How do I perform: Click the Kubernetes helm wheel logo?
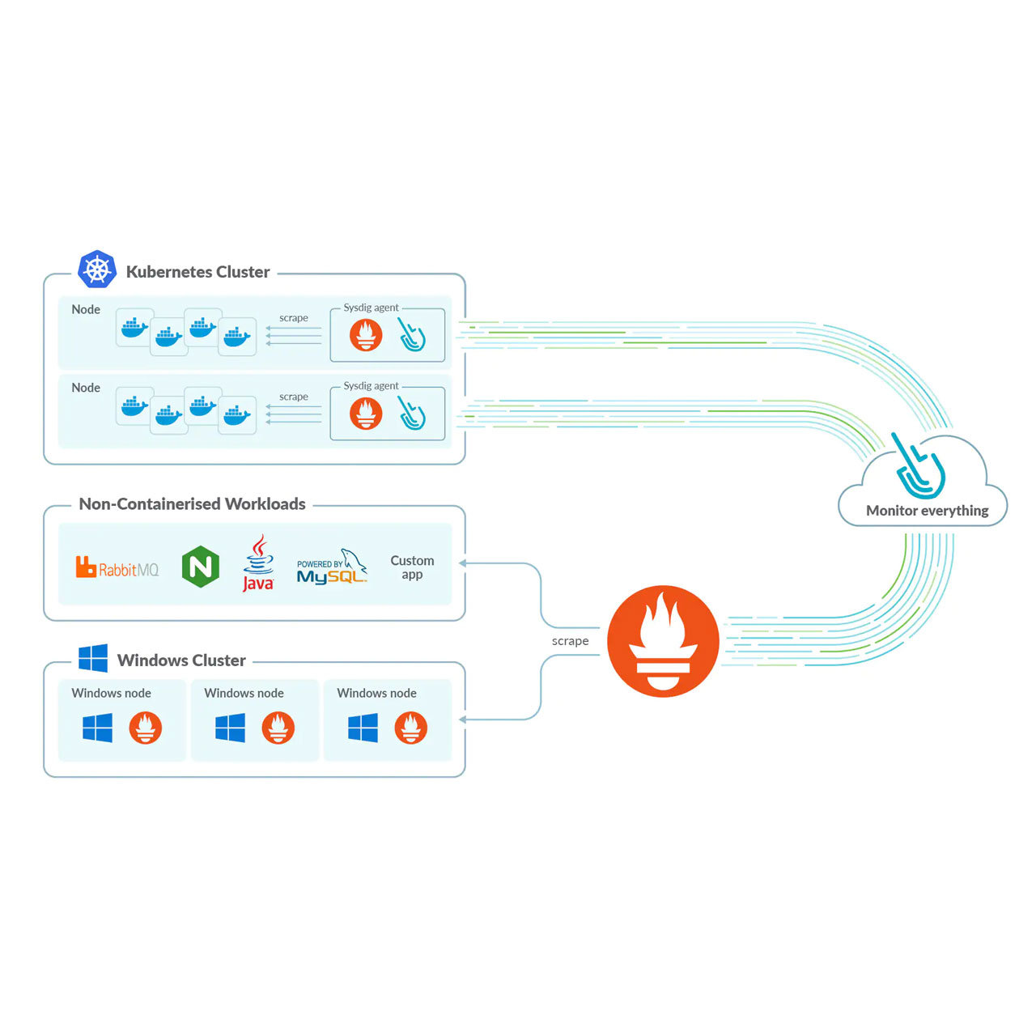(97, 270)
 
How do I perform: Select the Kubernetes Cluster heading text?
(197, 272)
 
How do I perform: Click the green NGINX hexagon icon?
(201, 566)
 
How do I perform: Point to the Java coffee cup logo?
(258, 563)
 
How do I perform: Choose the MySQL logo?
(332, 567)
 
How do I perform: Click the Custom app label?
(412, 567)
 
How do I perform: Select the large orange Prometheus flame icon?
(663, 641)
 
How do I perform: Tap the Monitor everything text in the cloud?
(927, 511)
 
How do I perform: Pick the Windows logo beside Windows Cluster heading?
(93, 659)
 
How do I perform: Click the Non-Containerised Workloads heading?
(192, 504)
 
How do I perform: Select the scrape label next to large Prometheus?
(570, 641)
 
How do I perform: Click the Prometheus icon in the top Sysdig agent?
(366, 335)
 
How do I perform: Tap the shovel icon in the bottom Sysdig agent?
(412, 413)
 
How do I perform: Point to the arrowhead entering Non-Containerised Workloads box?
(463, 563)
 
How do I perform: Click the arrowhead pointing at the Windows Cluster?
(463, 719)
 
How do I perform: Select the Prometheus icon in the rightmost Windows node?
(410, 728)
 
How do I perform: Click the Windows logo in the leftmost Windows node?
(98, 728)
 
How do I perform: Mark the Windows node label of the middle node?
(244, 694)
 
